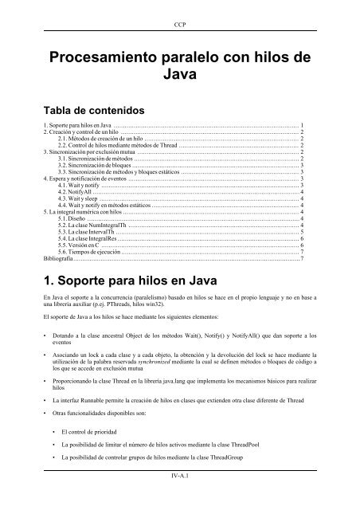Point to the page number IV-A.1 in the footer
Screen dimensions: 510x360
pos(180,499)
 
